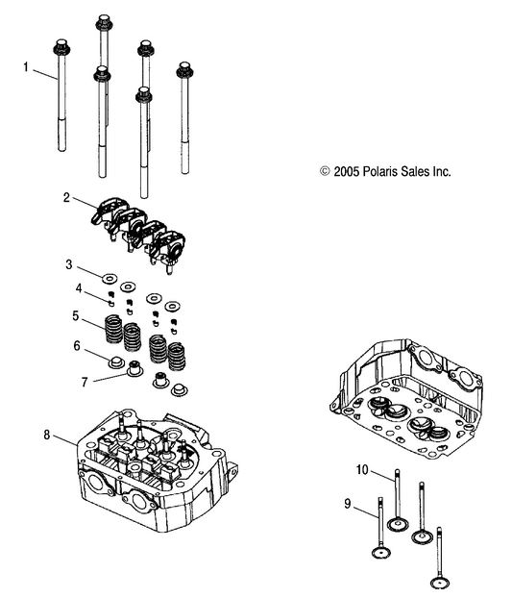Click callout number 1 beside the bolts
[x=27, y=67]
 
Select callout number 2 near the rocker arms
[x=67, y=198]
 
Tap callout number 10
[x=363, y=469]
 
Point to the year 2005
[x=346, y=171]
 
